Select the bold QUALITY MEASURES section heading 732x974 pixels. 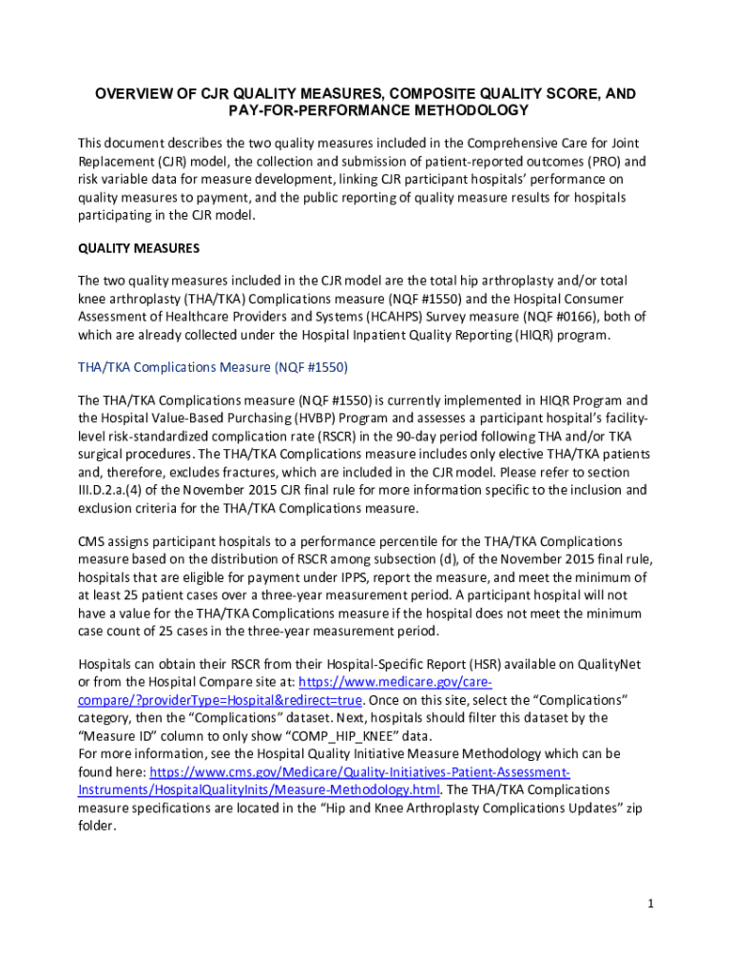(139, 249)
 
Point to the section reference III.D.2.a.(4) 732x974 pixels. (127, 490)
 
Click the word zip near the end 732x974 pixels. (633, 808)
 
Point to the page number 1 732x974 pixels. (650, 904)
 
